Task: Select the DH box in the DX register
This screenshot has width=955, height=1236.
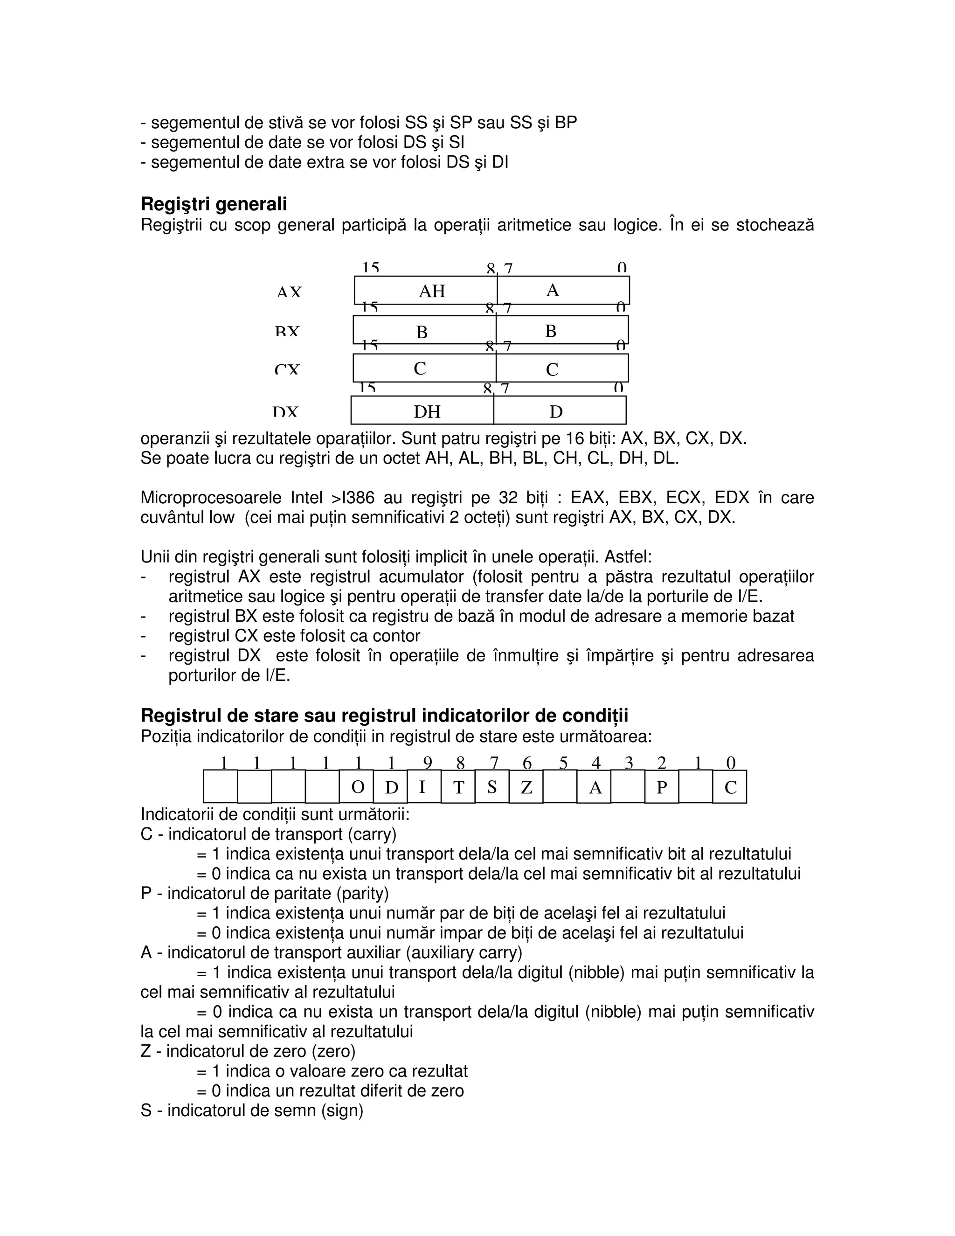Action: pyautogui.click(x=427, y=411)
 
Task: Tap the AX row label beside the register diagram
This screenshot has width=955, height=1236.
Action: pyautogui.click(x=289, y=292)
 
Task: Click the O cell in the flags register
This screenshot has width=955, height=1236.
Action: pyautogui.click(x=357, y=787)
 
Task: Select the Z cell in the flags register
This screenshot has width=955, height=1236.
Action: pyautogui.click(x=526, y=787)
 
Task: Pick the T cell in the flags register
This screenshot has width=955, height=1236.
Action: pyautogui.click(x=458, y=787)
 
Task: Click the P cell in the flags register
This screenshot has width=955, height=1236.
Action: pyautogui.click(x=661, y=787)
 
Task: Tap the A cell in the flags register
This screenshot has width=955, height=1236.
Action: pyautogui.click(x=594, y=787)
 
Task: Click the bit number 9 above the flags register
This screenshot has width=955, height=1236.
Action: pyautogui.click(x=427, y=764)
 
